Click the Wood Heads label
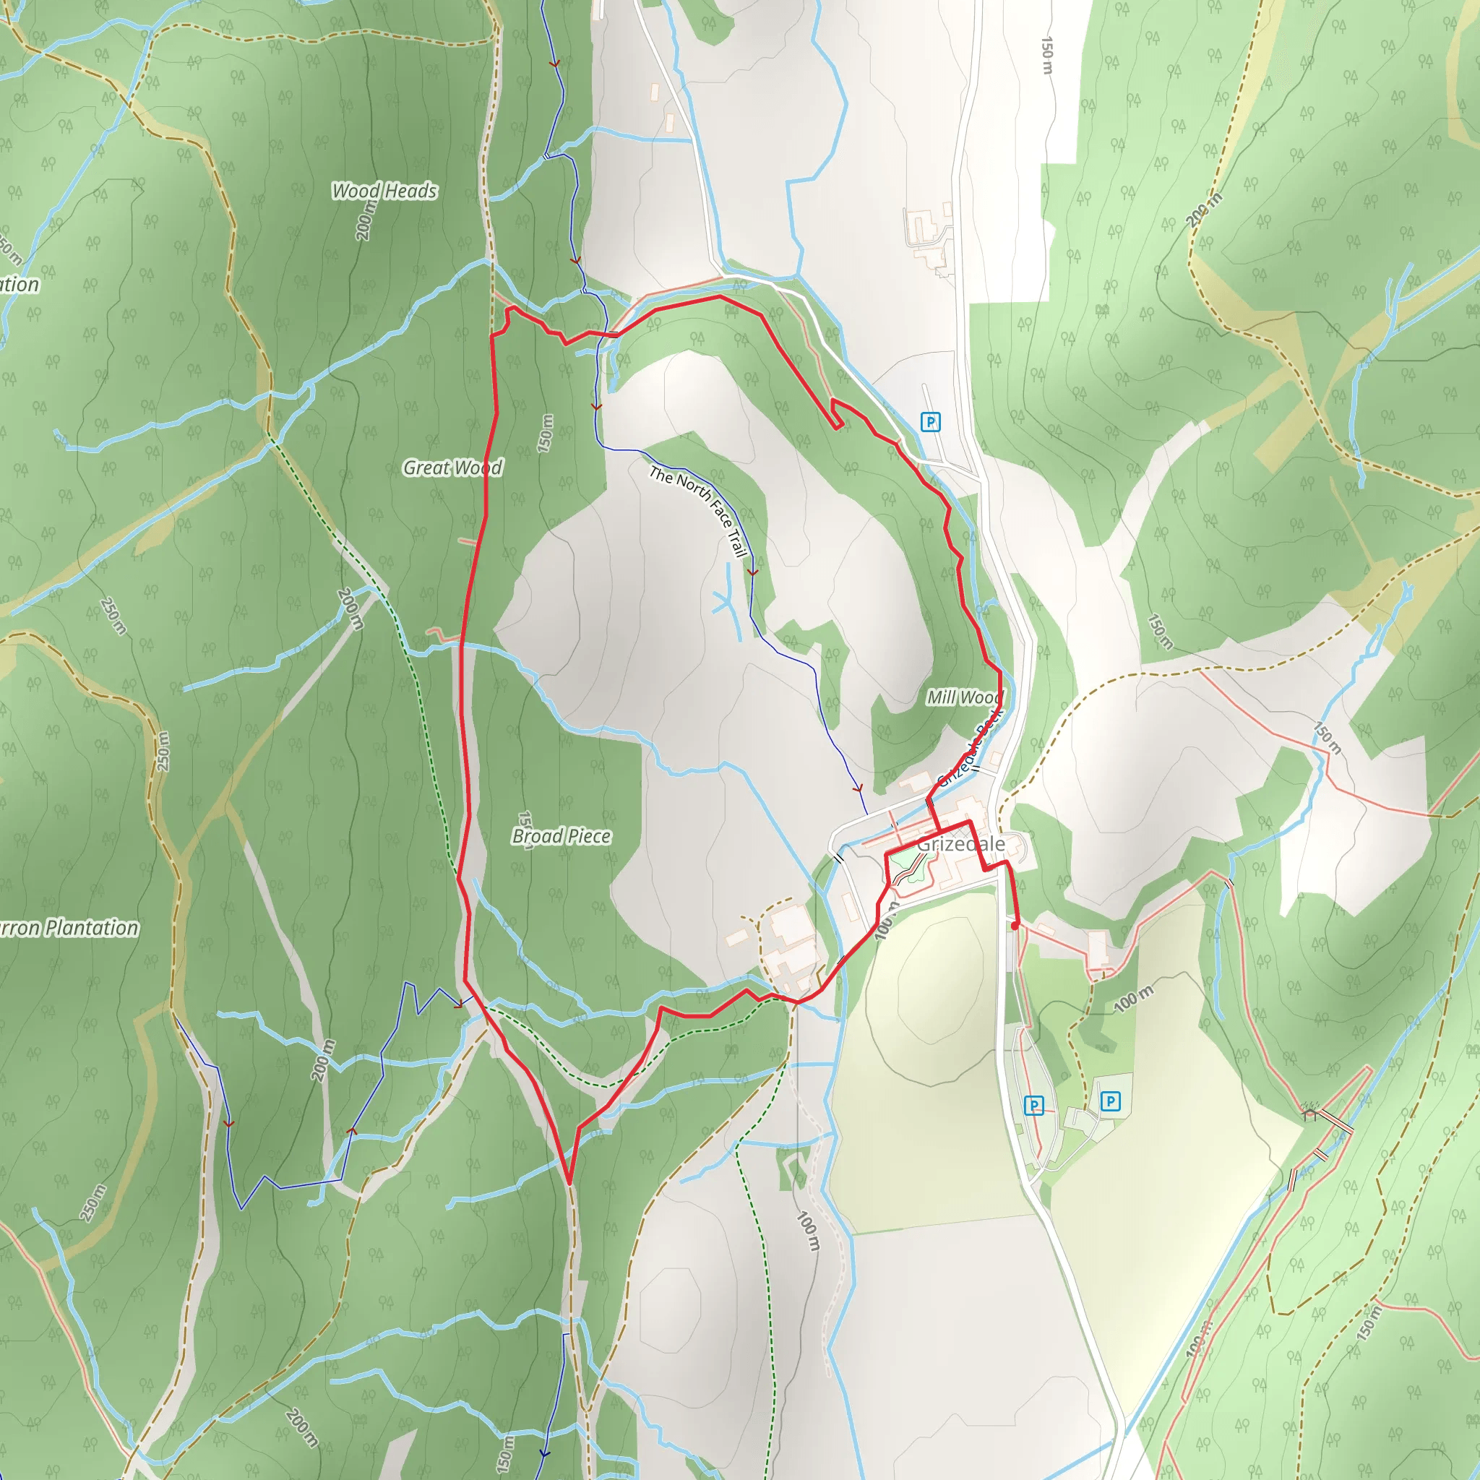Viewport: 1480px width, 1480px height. (x=384, y=191)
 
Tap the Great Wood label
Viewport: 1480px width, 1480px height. (x=452, y=468)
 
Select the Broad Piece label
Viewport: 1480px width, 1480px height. (x=562, y=836)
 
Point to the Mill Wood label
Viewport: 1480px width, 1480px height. (x=964, y=697)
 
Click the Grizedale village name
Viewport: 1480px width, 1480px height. (x=961, y=844)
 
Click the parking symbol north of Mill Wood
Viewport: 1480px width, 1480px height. (x=930, y=422)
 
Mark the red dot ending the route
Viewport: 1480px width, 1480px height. (x=1015, y=926)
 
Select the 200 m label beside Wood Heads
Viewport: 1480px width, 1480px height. (x=367, y=220)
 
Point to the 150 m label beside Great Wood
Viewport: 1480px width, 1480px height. (x=546, y=433)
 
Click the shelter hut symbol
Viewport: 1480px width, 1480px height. (x=1309, y=1111)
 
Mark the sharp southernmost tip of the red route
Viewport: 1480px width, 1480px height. (x=569, y=1183)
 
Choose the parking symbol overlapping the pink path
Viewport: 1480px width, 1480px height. (x=1034, y=1106)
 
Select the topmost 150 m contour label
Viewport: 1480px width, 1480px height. (x=1047, y=55)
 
